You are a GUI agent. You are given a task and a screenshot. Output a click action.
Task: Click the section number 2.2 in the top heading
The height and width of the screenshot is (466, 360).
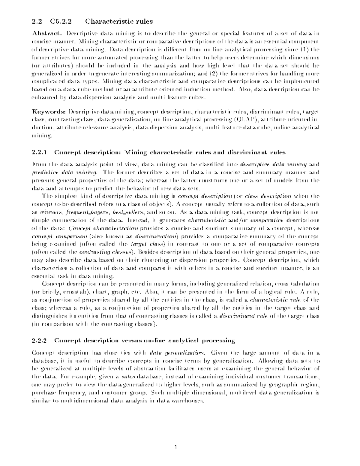[x=36, y=22]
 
